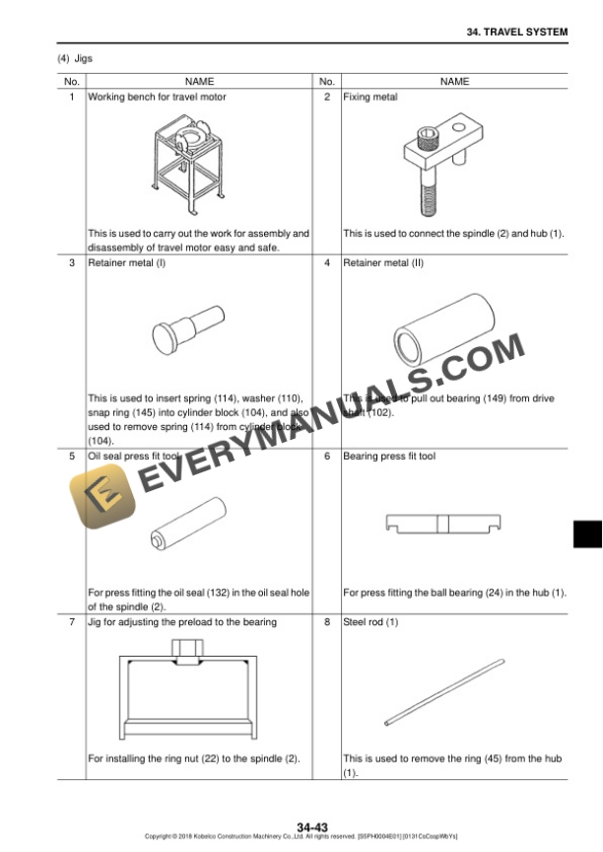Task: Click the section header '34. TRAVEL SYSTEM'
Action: click(516, 33)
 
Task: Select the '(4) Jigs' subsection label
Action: click(75, 58)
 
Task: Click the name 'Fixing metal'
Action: click(370, 98)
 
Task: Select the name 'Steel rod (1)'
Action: click(370, 622)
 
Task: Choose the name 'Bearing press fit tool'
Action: click(388, 457)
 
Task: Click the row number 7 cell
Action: click(71, 622)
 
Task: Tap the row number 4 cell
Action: click(326, 263)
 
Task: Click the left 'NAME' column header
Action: click(199, 81)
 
